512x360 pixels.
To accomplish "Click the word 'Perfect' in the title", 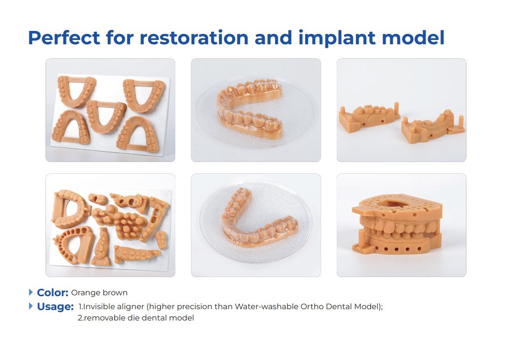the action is (x=64, y=38).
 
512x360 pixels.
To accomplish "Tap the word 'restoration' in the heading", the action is (x=194, y=38).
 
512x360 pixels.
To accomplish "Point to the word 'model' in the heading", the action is (x=413, y=38).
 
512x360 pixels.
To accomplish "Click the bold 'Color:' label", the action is (x=53, y=292).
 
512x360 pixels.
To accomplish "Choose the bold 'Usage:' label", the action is (x=55, y=307).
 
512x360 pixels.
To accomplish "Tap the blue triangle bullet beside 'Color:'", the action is (x=31, y=292).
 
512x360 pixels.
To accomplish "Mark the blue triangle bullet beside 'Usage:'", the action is (x=31, y=306).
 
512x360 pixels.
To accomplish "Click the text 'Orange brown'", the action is (x=99, y=293).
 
